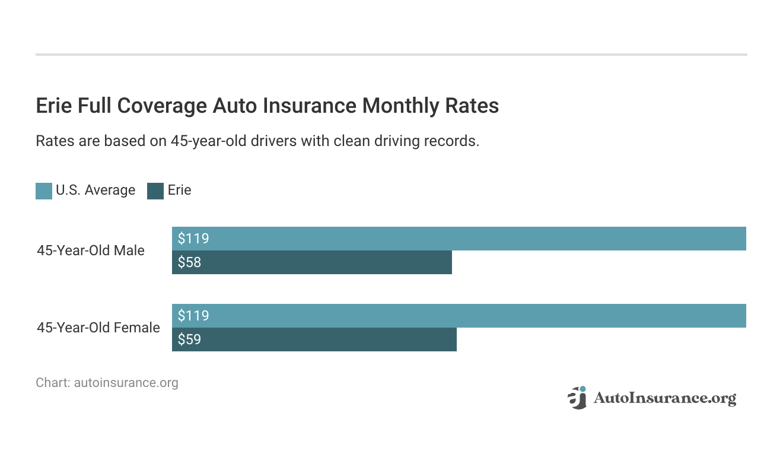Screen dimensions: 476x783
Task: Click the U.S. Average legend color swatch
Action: point(44,191)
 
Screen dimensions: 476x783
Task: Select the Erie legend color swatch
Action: point(155,191)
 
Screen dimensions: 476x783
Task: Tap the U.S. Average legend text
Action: point(95,191)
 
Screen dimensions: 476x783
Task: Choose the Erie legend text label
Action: point(179,191)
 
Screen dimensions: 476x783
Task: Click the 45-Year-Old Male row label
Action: point(91,250)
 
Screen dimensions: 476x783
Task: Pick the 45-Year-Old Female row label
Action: point(98,328)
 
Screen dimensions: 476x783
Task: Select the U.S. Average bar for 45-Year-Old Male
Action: point(459,239)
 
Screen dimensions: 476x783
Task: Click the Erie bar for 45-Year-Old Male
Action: point(312,262)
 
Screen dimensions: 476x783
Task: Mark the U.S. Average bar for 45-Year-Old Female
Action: point(459,316)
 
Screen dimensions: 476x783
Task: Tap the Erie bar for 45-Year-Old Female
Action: point(314,339)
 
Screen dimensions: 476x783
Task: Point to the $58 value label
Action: point(190,262)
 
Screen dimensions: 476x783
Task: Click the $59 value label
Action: point(190,339)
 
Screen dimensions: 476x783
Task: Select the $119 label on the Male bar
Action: point(193,239)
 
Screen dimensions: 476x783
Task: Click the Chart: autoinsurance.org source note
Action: point(107,383)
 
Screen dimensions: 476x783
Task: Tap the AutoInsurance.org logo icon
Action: point(577,398)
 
